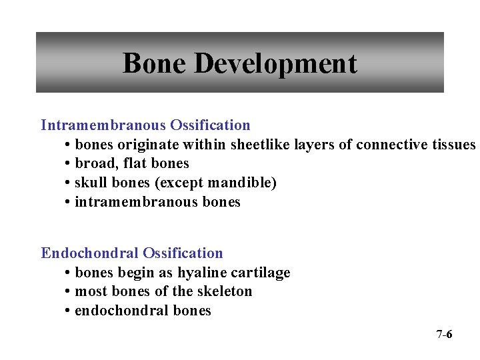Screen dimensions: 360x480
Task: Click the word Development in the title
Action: point(275,64)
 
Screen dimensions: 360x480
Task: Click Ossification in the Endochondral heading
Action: point(183,253)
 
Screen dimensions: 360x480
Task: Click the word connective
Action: point(393,145)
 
